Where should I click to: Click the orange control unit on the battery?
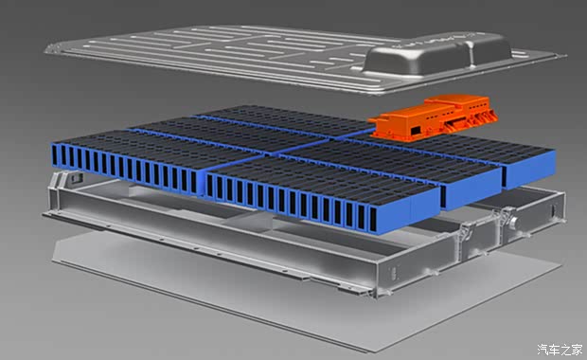tap(434, 117)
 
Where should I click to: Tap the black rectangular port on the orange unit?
tap(416, 131)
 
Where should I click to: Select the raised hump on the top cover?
tap(437, 55)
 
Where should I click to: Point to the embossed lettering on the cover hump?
tap(431, 41)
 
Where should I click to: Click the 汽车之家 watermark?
tap(560, 350)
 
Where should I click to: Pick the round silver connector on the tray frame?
tap(514, 223)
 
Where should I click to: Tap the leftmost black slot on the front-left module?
tap(55, 155)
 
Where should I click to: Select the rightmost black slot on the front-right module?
tap(373, 220)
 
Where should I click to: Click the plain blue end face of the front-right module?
tap(425, 207)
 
